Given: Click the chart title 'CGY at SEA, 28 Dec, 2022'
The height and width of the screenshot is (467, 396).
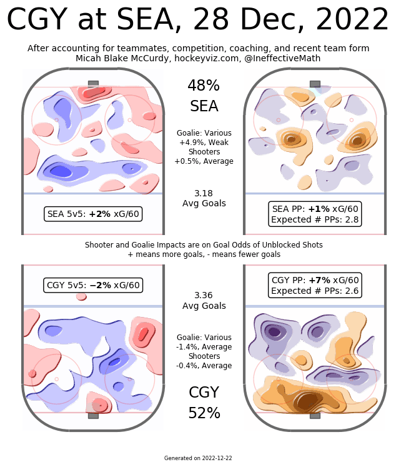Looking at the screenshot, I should click(x=197, y=21).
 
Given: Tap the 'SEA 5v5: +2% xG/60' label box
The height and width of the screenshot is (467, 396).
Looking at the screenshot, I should click(x=93, y=214).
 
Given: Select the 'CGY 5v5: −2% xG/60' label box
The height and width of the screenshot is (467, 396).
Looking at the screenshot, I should click(x=93, y=285).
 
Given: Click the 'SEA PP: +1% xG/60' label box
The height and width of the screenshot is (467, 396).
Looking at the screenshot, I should click(x=315, y=214).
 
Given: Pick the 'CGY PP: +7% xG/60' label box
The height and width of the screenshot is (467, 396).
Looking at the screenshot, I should click(x=315, y=285).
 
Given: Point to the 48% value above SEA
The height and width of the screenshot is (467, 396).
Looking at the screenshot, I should click(x=204, y=86).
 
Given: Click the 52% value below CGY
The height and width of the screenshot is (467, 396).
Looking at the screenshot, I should click(x=204, y=413).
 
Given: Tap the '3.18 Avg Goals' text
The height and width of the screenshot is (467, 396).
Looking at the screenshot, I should click(x=204, y=198).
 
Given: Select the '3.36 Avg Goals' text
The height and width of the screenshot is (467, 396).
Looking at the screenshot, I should click(x=204, y=301).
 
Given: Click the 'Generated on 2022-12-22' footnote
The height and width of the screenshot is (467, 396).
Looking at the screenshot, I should click(x=198, y=458).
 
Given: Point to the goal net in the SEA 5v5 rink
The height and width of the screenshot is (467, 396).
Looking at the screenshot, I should click(x=93, y=84).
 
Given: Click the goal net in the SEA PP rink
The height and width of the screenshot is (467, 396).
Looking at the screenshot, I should click(x=315, y=84).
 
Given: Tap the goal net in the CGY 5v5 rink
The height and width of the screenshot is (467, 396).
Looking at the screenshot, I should click(x=93, y=415).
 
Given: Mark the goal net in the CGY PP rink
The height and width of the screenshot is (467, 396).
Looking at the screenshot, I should click(x=315, y=415).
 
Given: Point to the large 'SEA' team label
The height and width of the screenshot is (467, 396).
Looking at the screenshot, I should click(x=204, y=106).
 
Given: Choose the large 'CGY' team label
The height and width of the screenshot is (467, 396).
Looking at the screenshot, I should click(x=204, y=393).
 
